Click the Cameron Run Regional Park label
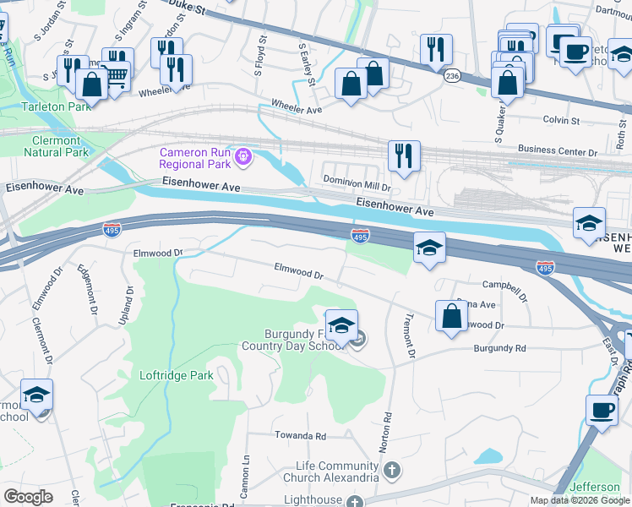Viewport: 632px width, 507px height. (196, 157)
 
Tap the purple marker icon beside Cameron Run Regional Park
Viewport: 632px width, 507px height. (243, 156)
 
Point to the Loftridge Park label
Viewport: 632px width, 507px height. (177, 375)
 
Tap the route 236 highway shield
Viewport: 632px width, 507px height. (453, 76)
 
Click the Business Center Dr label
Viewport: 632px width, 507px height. (557, 150)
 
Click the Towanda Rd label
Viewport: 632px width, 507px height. (299, 436)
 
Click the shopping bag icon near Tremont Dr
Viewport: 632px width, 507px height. (452, 316)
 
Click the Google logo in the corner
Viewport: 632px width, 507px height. (28, 497)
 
